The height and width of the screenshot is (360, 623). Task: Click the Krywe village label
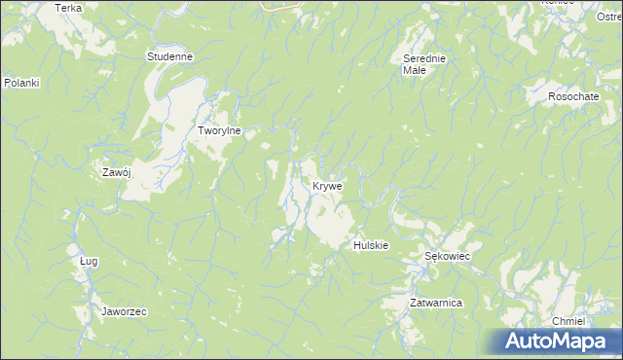pos(327,185)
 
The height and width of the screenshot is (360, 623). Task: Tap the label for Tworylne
pos(219,130)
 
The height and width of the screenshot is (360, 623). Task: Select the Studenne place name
pos(169,56)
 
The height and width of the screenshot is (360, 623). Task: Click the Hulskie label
pos(371,245)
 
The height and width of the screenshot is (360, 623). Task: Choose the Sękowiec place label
pos(448,256)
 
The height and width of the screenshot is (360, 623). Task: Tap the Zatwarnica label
pos(435,304)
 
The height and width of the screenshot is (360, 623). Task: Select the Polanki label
pos(20,83)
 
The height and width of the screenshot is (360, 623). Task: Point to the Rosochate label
pos(573,96)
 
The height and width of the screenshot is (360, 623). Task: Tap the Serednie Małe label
pos(424,64)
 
